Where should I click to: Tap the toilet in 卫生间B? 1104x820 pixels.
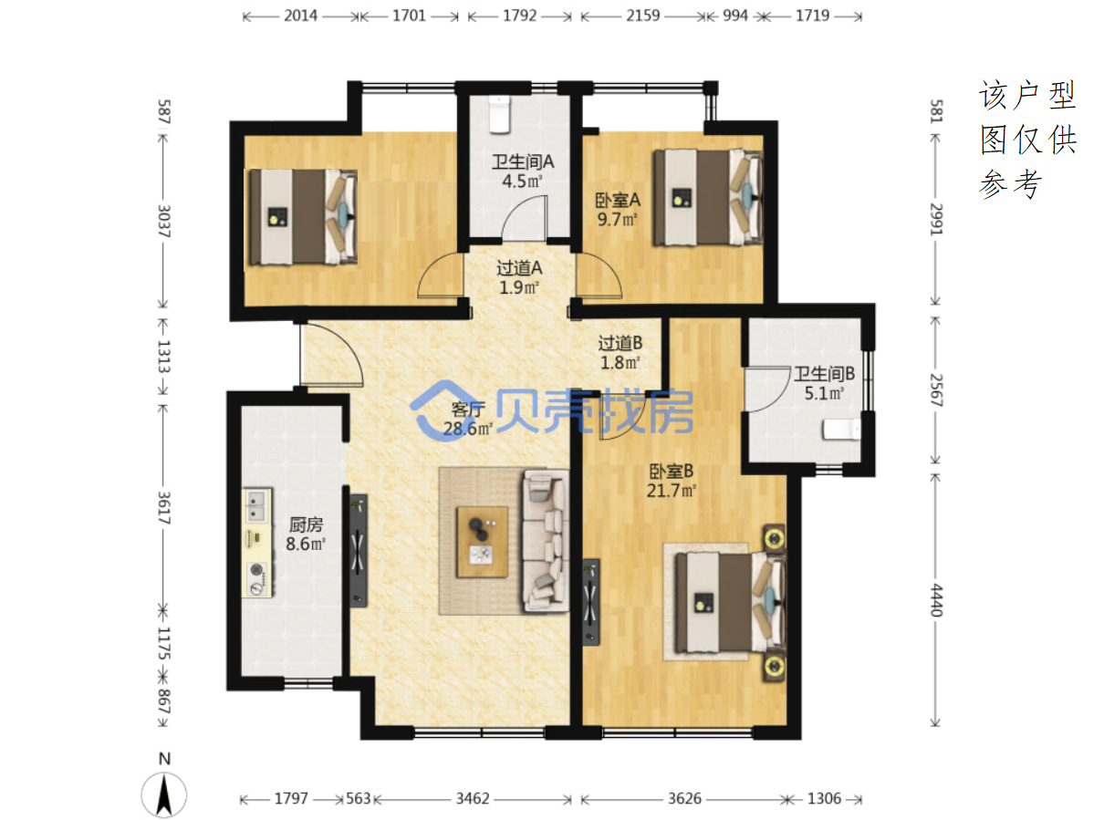(x=840, y=429)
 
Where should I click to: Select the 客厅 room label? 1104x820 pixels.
(x=468, y=409)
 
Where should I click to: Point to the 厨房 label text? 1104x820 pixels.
(x=306, y=524)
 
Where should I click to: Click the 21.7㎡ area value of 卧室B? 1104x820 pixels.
(x=671, y=491)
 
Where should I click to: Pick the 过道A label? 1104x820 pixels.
(x=519, y=268)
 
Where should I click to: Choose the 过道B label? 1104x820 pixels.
(x=620, y=343)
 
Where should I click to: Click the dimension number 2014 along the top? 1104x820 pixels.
(x=301, y=16)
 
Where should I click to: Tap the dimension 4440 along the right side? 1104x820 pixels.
(x=936, y=600)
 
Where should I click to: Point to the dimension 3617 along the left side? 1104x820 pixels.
(x=163, y=508)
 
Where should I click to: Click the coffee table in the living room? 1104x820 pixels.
(x=483, y=542)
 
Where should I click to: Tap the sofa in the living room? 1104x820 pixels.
(x=545, y=541)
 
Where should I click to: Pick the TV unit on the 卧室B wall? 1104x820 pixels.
(x=591, y=602)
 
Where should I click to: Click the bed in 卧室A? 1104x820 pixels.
(x=708, y=198)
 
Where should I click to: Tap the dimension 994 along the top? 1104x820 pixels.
(x=735, y=16)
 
